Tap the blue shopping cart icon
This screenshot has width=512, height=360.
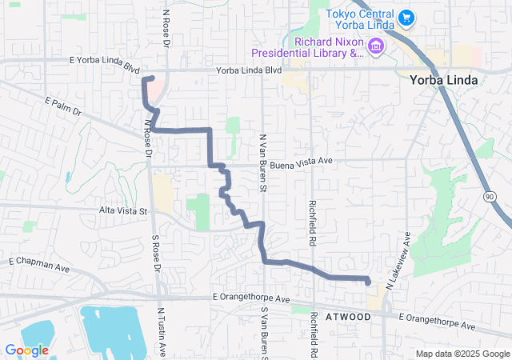pos(406,16)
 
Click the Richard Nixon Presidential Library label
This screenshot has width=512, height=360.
pos(307,47)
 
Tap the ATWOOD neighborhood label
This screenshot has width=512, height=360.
pos(349,317)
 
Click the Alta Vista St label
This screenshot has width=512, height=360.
pos(123,211)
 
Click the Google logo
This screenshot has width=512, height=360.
pos(26,350)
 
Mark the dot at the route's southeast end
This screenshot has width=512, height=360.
pos(367,281)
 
